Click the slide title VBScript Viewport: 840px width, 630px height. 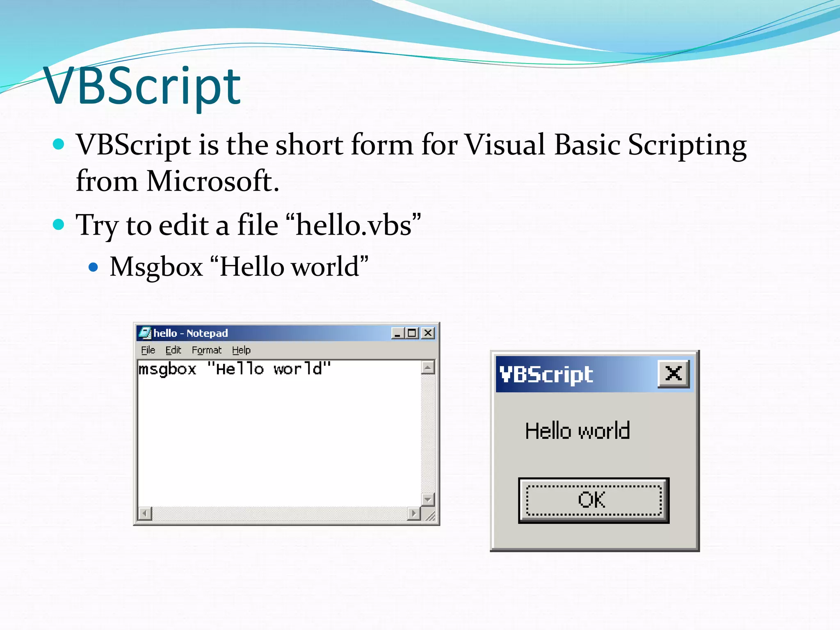tap(142, 87)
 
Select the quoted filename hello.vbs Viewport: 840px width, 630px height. tap(353, 225)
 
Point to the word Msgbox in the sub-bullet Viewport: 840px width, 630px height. tap(156, 267)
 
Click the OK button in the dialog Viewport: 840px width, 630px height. tap(593, 500)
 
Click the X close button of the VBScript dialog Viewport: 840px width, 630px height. tap(673, 373)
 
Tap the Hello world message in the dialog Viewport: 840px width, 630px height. tap(577, 431)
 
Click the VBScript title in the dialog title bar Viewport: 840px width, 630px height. tap(546, 374)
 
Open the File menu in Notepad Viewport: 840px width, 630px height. tap(148, 350)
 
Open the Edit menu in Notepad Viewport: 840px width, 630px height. tap(173, 350)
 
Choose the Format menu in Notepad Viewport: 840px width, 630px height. tap(207, 350)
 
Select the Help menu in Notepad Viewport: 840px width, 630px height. tap(241, 350)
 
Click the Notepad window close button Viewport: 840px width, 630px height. tap(428, 333)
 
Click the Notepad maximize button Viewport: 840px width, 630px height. tap(412, 333)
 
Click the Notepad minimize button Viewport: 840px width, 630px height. tap(397, 333)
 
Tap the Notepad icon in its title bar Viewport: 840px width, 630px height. tap(144, 333)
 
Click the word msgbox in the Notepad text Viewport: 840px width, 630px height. tap(167, 369)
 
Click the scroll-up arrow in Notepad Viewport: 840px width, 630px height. tap(428, 367)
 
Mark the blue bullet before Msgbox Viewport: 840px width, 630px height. tap(94, 267)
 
